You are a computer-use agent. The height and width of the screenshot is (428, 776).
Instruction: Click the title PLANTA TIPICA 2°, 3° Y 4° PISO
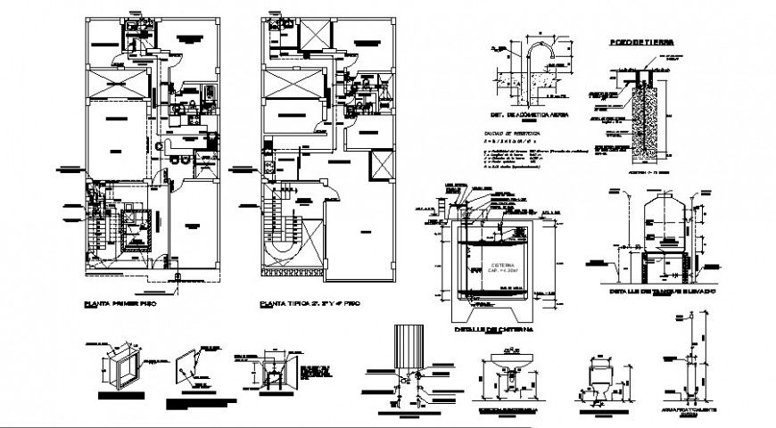(x=298, y=304)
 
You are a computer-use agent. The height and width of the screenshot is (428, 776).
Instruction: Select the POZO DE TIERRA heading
(x=636, y=42)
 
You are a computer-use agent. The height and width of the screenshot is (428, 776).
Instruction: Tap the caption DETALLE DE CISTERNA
(x=481, y=329)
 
